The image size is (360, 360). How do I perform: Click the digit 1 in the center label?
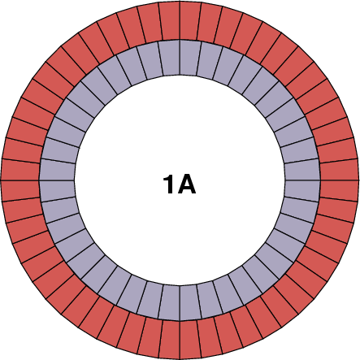pyautogui.click(x=168, y=184)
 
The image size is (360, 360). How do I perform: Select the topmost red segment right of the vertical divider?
pyautogui.click(x=190, y=21)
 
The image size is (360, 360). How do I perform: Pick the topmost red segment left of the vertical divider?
pyautogui.click(x=169, y=21)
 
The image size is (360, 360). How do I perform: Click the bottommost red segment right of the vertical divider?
pyautogui.click(x=190, y=339)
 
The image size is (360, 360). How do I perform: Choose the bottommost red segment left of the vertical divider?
pyautogui.click(x=169, y=339)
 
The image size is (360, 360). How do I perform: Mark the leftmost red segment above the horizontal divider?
pyautogui.click(x=21, y=169)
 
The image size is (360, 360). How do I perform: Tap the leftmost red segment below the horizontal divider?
pyautogui.click(x=21, y=190)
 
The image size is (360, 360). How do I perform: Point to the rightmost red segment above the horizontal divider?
pyautogui.click(x=339, y=169)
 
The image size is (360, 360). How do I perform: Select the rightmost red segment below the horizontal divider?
pyautogui.click(x=339, y=190)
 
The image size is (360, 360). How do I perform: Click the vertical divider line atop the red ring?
pyautogui.click(x=180, y=21)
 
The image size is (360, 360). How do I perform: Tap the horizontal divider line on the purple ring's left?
pyautogui.click(x=57, y=180)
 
